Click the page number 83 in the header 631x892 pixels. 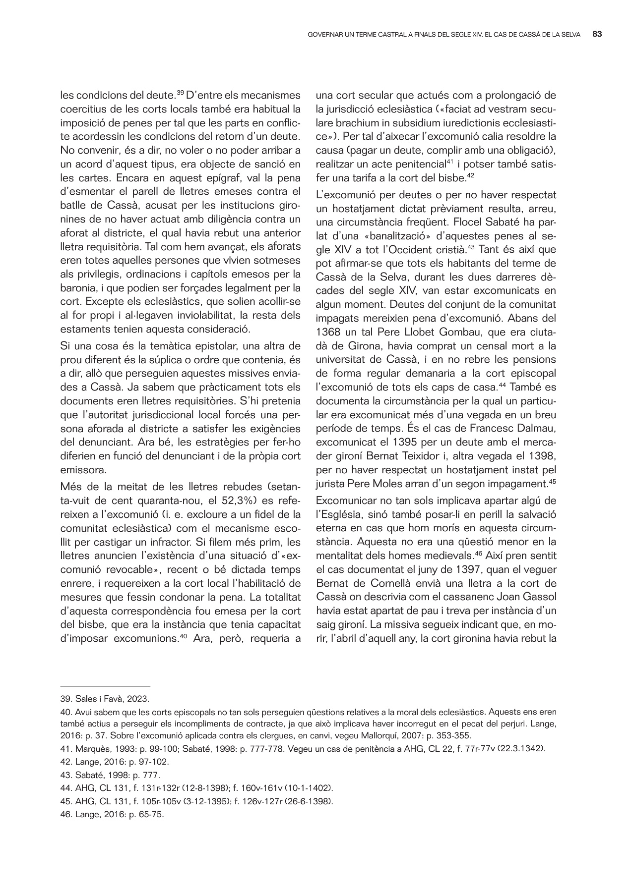click(x=597, y=35)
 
